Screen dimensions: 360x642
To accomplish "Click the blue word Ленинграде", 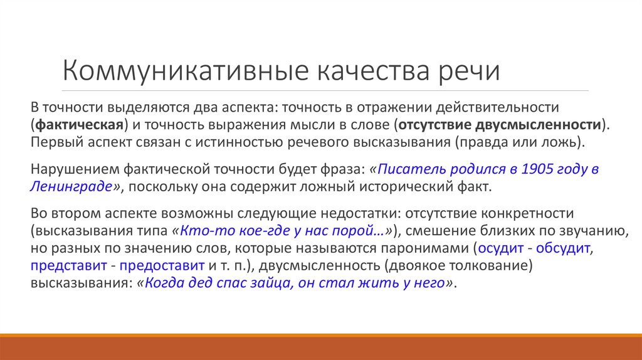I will tap(71, 186).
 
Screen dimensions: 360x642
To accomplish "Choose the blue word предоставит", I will tap(163, 265).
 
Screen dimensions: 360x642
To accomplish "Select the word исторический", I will tap(398, 186).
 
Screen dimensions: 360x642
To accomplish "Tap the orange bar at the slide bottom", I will tap(321, 344).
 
